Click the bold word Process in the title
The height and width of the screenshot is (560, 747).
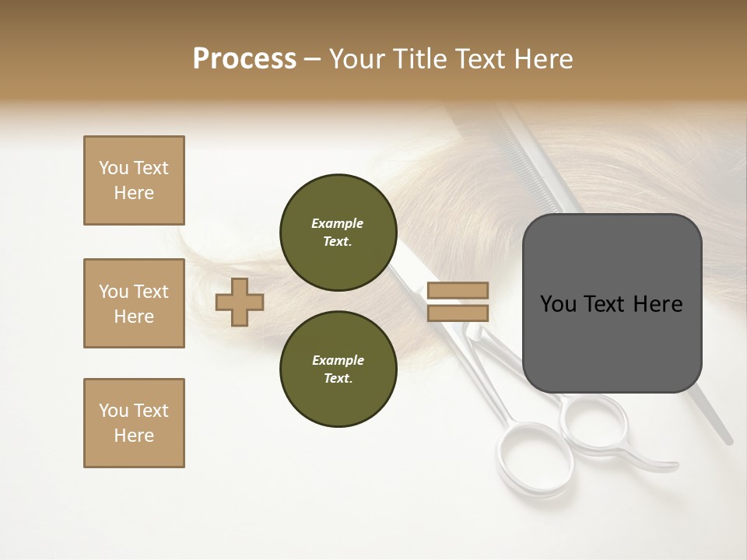tap(244, 59)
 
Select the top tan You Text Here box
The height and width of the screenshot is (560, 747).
tap(134, 180)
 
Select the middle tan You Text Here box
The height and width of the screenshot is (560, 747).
tap(134, 303)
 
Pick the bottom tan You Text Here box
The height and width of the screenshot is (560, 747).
tap(134, 423)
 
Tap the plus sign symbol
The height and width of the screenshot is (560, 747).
tap(240, 302)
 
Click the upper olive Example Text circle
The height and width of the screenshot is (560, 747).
tap(338, 233)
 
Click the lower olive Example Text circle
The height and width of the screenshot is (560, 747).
tap(338, 369)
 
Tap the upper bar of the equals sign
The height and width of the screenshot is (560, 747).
tap(458, 291)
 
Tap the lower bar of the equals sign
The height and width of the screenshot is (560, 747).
tap(458, 313)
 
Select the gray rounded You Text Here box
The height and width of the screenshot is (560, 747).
tap(612, 303)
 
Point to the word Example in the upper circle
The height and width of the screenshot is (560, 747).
tap(338, 223)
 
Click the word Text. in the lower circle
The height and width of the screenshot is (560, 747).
tap(338, 378)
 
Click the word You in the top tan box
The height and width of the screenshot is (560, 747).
tap(114, 168)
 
